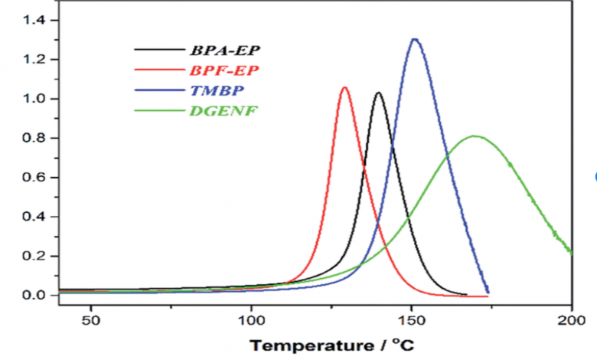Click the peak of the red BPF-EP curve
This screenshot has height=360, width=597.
pyautogui.click(x=344, y=88)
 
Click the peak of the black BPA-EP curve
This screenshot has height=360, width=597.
pyautogui.click(x=378, y=93)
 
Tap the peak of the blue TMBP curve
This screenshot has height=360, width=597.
pyautogui.click(x=415, y=39)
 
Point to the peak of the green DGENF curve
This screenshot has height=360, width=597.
pyautogui.click(x=475, y=136)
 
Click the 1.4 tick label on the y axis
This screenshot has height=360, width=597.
pyautogui.click(x=34, y=20)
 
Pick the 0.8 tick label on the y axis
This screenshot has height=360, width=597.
pyautogui.click(x=34, y=138)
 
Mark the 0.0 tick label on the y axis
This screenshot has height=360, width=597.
pyautogui.click(x=34, y=295)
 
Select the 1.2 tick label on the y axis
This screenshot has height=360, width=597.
pyautogui.click(x=34, y=59)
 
